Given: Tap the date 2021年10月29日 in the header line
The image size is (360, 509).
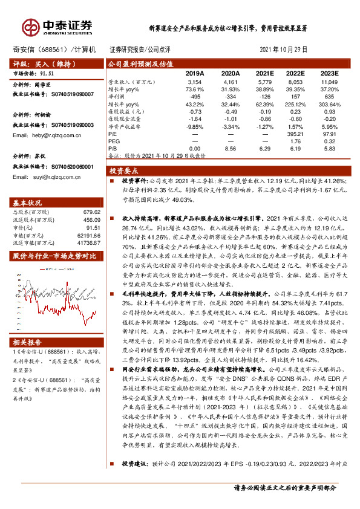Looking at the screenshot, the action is click(283, 50).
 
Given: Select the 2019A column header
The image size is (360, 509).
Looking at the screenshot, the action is click(194, 73).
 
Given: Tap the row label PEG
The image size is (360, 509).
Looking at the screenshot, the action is click(113, 141).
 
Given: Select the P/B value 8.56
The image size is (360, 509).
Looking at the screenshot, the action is click(228, 148).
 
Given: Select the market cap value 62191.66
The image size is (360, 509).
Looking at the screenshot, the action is click(89, 235).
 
